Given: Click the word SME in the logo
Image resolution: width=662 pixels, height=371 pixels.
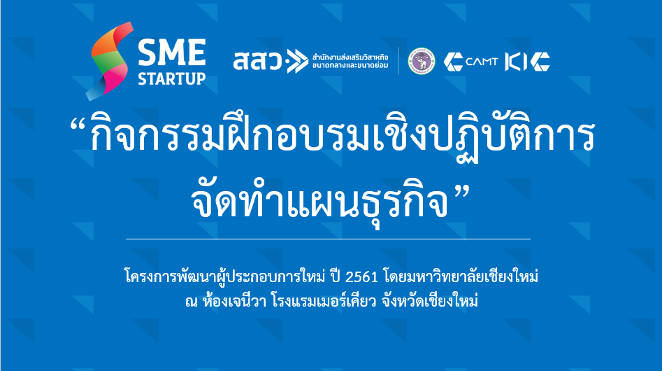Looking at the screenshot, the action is click(x=172, y=52).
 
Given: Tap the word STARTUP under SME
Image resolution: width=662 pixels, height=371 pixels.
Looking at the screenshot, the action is click(x=172, y=78).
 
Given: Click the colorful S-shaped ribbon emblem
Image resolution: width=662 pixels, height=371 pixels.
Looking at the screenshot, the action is click(x=110, y=62).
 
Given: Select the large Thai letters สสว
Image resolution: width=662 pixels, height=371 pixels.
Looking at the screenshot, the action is click(x=257, y=61).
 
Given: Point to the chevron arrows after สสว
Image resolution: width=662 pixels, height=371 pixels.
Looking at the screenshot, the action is click(x=298, y=62).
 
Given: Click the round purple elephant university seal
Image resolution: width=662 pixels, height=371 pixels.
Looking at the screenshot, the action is click(x=421, y=62).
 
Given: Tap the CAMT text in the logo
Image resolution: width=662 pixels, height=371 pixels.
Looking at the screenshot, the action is click(x=482, y=62).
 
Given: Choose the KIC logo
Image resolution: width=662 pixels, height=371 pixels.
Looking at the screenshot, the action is click(x=527, y=62).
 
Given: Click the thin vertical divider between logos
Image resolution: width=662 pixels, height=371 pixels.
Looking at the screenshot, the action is click(x=398, y=61).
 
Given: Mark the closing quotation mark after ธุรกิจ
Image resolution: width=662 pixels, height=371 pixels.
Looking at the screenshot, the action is click(x=462, y=195).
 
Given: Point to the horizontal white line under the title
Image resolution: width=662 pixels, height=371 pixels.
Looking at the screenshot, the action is click(x=328, y=239).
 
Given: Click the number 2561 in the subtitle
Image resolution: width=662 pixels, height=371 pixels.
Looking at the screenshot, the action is click(x=361, y=277).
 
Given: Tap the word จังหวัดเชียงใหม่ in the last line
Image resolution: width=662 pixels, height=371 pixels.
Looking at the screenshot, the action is click(x=430, y=301).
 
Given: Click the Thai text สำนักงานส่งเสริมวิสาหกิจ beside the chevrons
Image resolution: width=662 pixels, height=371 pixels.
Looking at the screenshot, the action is click(x=350, y=57).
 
